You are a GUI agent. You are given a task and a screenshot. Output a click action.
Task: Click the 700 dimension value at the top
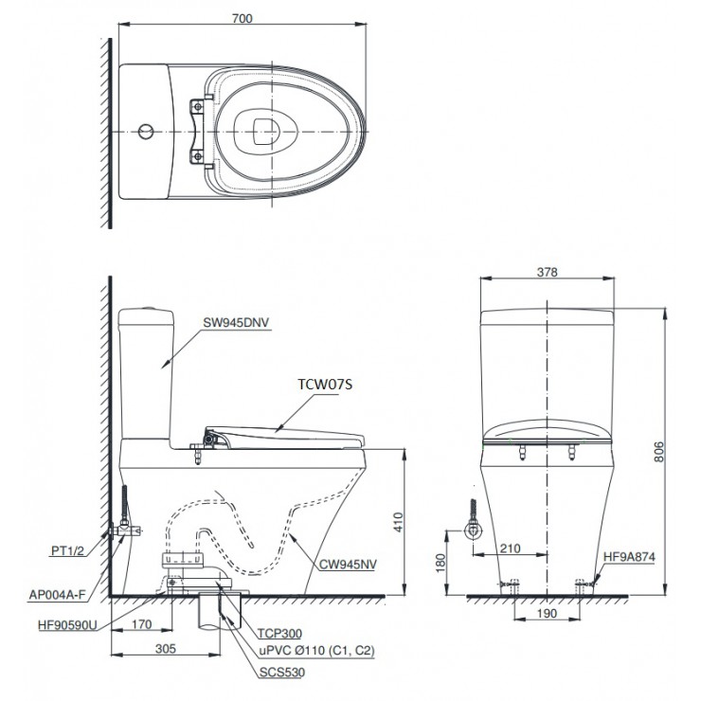point(243,18)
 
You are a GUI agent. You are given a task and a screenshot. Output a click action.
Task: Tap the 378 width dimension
point(548,272)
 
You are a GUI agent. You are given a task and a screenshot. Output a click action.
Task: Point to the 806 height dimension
point(659,452)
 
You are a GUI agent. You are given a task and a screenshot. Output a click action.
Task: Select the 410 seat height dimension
point(398,522)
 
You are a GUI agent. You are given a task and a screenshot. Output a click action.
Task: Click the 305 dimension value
point(166,649)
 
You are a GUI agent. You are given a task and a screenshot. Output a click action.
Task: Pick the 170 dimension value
point(141,624)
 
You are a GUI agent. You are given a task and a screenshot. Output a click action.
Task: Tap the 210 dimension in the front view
point(510,548)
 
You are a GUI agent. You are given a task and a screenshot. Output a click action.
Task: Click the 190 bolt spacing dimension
point(547,614)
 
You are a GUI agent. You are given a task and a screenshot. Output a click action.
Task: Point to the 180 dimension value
point(440,564)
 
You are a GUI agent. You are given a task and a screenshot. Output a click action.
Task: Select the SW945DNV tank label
point(237,322)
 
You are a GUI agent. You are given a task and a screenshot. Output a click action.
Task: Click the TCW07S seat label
point(325,384)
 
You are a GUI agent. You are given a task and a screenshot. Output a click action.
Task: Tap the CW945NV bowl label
point(348,565)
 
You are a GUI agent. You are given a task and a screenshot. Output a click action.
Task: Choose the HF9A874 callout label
point(629,557)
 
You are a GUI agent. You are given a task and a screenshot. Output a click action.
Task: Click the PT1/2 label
point(67,550)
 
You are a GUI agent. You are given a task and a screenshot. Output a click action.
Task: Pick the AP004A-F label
point(57,595)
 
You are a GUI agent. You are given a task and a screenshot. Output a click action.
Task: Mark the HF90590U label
point(67,624)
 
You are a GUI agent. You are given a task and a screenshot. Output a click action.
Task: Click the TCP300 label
point(279,634)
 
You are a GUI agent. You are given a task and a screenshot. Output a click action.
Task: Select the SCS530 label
point(282,673)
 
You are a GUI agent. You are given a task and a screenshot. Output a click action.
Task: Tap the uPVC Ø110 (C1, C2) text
point(317,651)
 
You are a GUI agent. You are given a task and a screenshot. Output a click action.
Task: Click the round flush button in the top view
point(146,132)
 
